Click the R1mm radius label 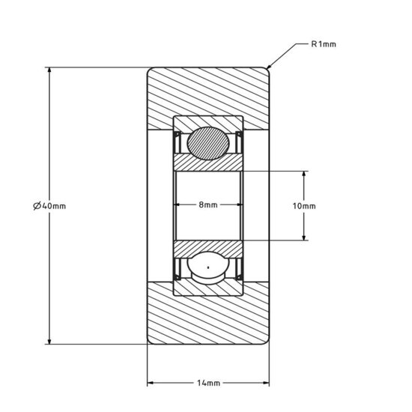(324, 44)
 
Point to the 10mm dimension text (303, 206)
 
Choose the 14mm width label (207, 384)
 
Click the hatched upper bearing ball (207, 142)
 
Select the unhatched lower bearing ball (207, 269)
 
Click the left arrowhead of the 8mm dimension (178, 205)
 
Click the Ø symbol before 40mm (38, 206)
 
